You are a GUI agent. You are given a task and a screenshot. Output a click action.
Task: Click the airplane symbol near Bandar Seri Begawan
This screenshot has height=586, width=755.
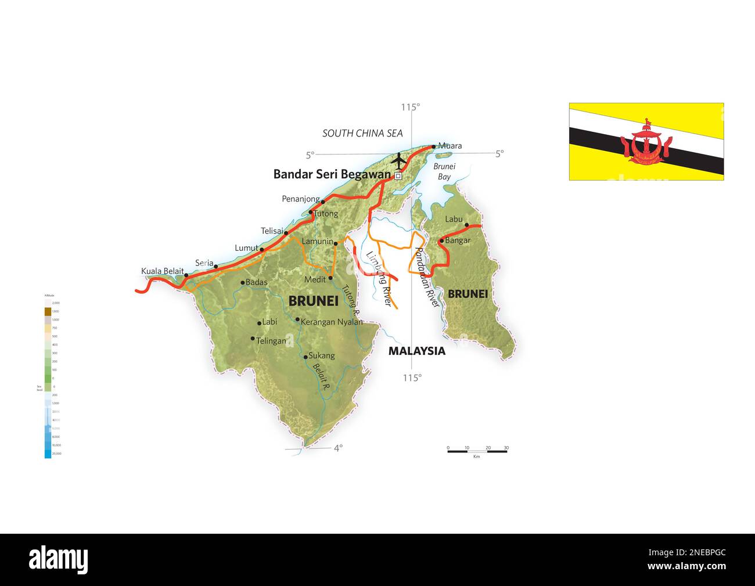point(398,159)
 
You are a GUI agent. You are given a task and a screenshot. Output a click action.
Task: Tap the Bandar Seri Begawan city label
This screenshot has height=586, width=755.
point(332,174)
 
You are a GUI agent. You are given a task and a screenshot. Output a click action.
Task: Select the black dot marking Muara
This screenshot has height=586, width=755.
point(434,146)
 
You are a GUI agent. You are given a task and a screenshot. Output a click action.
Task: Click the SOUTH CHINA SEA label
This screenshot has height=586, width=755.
point(362,134)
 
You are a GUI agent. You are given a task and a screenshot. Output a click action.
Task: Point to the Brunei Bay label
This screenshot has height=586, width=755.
point(445,171)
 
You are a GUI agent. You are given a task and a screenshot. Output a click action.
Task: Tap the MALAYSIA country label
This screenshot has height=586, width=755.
point(416,351)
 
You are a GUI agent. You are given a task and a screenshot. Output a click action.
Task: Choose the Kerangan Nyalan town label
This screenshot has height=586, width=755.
point(332,322)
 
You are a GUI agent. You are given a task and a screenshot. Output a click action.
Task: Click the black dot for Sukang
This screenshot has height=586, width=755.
point(305,357)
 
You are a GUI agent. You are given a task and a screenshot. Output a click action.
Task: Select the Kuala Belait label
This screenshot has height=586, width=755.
point(162,271)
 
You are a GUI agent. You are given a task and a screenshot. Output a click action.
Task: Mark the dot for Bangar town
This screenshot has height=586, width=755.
point(441,240)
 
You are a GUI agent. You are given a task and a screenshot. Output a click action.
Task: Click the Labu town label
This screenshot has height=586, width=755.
point(454,219)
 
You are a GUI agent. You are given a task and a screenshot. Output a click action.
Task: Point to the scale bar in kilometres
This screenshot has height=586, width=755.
point(477,451)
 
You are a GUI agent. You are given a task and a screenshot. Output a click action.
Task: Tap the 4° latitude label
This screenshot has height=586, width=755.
point(338,447)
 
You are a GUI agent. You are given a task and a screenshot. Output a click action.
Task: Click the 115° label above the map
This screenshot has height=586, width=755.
point(410,107)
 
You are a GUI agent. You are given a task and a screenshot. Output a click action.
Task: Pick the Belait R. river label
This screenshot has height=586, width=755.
point(321,375)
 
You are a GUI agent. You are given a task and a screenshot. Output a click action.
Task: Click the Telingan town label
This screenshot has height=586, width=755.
point(271,341)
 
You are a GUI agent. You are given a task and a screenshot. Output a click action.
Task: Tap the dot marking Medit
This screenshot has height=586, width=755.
point(330,278)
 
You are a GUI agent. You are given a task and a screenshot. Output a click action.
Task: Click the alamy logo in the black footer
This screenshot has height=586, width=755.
point(59,559)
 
